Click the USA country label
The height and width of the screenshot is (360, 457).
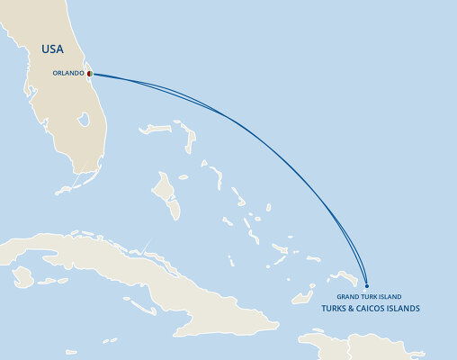click(51, 49)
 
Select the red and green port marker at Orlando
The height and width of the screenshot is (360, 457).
click(90, 74)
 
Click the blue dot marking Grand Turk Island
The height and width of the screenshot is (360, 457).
click(367, 285)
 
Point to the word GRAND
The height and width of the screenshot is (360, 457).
click(348, 296)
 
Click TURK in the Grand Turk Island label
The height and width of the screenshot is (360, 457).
click(369, 296)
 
